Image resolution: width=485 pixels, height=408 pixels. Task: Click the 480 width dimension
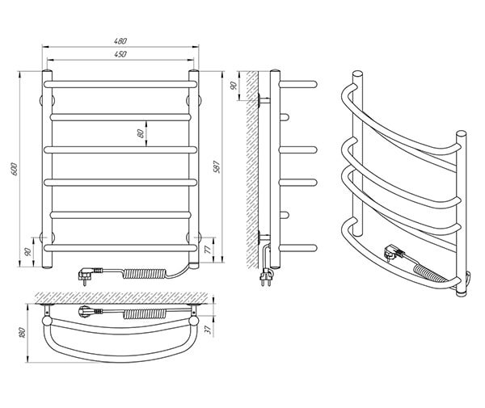(120, 40)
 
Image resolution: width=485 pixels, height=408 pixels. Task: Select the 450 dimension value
(120, 54)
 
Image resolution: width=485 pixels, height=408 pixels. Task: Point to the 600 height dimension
(15, 169)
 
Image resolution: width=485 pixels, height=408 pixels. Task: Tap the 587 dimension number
(217, 167)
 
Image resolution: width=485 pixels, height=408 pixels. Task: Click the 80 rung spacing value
(140, 133)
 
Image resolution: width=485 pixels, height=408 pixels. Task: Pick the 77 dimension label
(209, 250)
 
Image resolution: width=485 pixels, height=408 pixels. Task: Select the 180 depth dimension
(22, 333)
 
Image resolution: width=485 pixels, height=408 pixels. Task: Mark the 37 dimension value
(209, 330)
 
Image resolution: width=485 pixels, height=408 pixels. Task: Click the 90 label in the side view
(234, 86)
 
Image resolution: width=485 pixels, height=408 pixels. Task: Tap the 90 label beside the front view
(27, 252)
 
